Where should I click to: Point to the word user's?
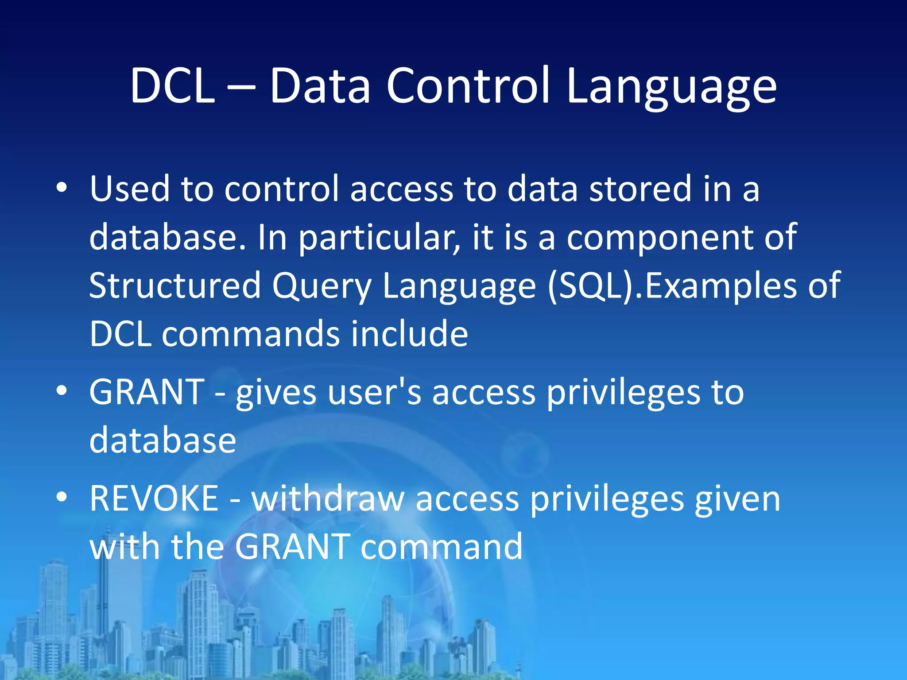coord(375,393)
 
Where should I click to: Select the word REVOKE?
coord(154,498)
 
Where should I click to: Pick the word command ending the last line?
coord(442,547)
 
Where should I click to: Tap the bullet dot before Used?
coord(62,188)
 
